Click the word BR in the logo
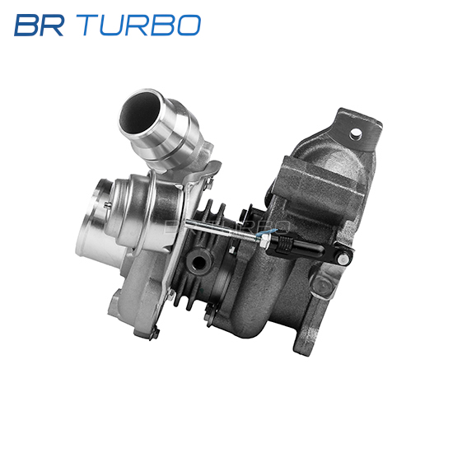click(39, 26)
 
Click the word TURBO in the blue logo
click(138, 26)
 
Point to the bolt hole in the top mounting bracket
click(356, 133)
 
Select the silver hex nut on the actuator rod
click(265, 241)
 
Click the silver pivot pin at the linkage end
click(343, 258)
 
